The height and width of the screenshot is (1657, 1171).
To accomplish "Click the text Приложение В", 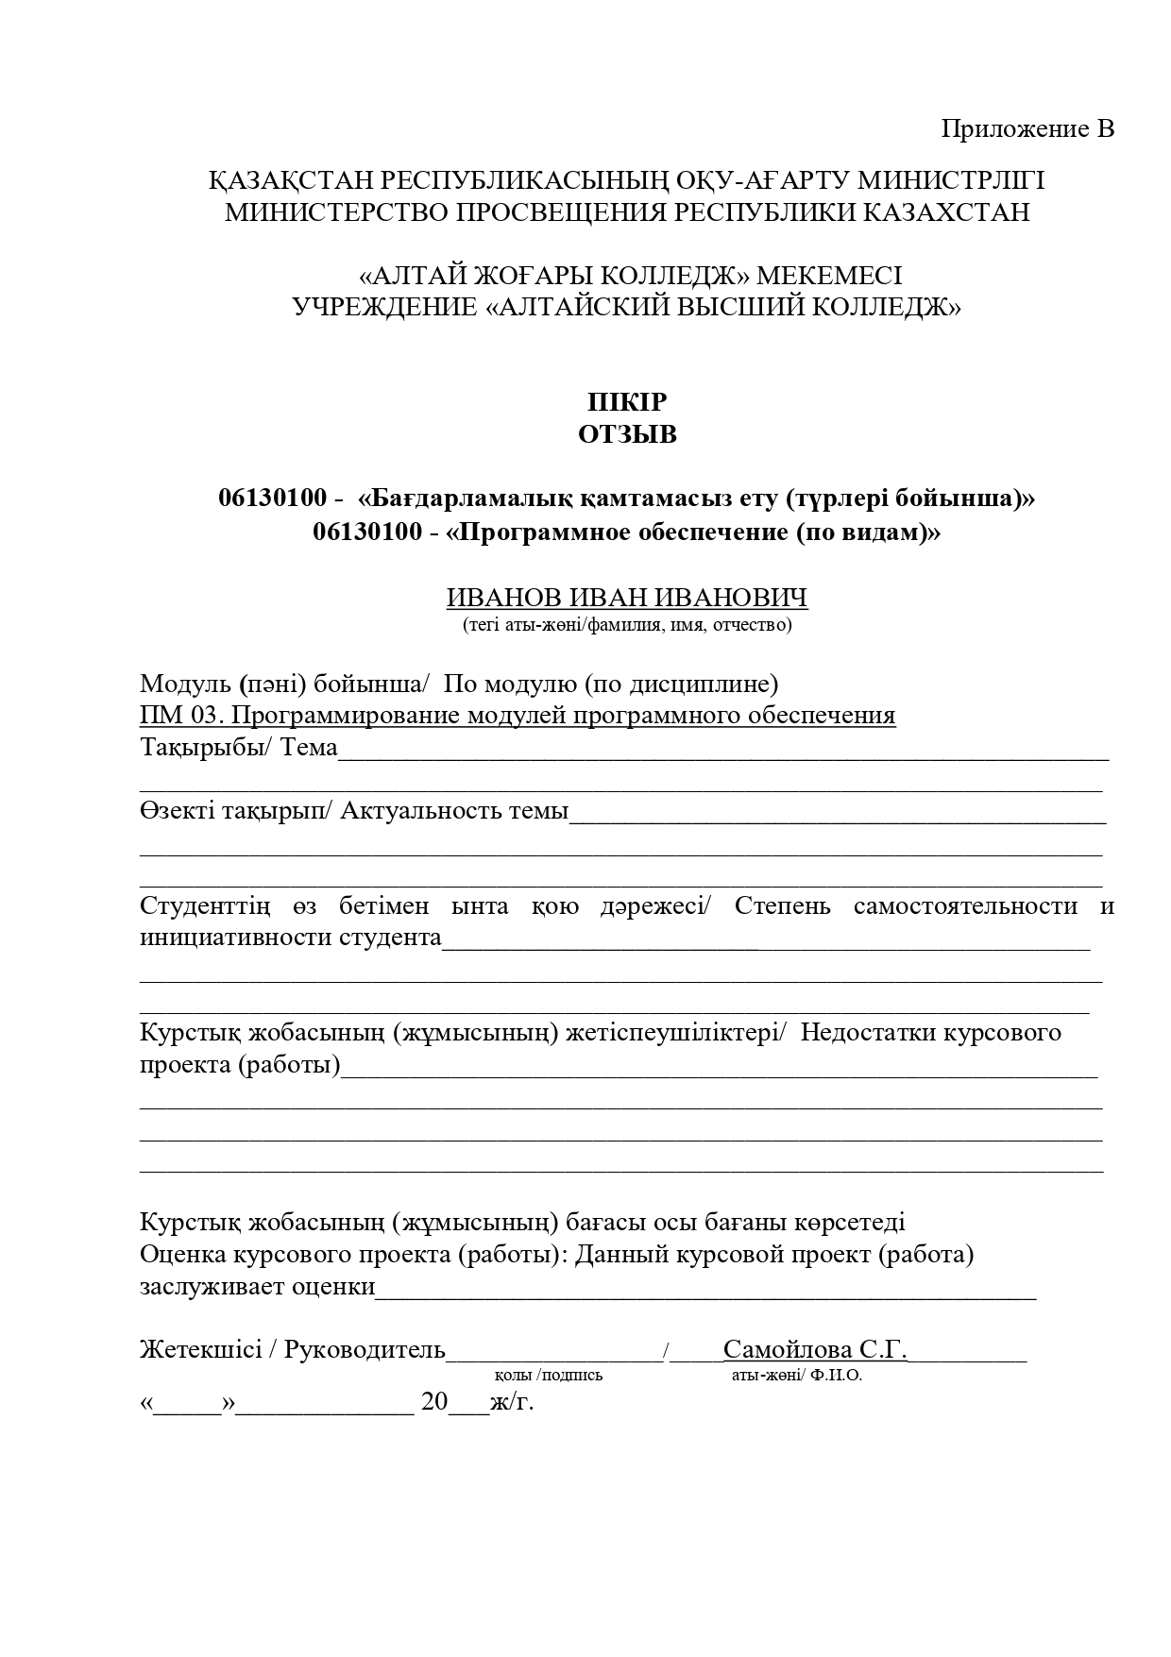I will click(1027, 128).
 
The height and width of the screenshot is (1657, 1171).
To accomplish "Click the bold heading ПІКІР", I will click(627, 402).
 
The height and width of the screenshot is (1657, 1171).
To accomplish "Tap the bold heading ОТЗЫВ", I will click(627, 434).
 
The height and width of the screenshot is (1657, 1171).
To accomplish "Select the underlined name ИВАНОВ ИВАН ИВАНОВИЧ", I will click(627, 598).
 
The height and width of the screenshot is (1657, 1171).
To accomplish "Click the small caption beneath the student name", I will click(627, 624).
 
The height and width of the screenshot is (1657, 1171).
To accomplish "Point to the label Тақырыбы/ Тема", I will click(239, 747).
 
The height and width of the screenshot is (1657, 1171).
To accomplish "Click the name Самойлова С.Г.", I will click(815, 1350).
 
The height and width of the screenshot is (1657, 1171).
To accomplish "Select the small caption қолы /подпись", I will click(549, 1376).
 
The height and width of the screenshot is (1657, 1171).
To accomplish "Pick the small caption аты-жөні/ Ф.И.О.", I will click(797, 1376).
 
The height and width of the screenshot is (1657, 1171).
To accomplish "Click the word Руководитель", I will click(365, 1350).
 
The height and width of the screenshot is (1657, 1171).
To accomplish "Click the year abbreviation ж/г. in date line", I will click(512, 1401).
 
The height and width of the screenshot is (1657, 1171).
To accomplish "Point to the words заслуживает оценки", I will click(258, 1287).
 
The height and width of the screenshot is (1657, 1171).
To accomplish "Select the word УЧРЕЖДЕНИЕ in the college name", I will click(384, 307).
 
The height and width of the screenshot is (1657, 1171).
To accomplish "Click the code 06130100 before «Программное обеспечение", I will click(367, 533).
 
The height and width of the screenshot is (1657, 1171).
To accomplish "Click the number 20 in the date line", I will click(434, 1401).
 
